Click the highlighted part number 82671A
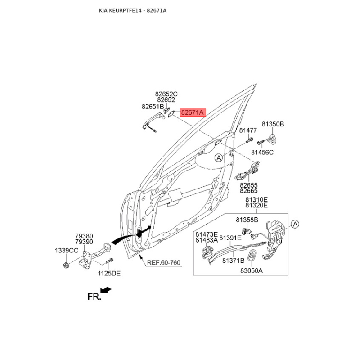(x=193, y=113)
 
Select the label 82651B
(x=153, y=107)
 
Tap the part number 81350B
(x=273, y=124)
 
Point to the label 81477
(x=248, y=130)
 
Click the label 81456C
(x=262, y=153)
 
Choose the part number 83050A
(x=252, y=271)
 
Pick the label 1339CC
(x=67, y=251)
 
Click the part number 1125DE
(x=109, y=274)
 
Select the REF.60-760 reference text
(x=164, y=263)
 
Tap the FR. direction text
(x=94, y=297)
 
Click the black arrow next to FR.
(x=106, y=290)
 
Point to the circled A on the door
(x=219, y=158)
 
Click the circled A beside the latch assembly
(x=295, y=224)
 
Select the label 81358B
(x=247, y=220)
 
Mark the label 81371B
(x=233, y=261)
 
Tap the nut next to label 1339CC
(x=66, y=265)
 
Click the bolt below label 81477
(x=249, y=140)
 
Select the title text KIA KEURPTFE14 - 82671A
(x=133, y=10)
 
